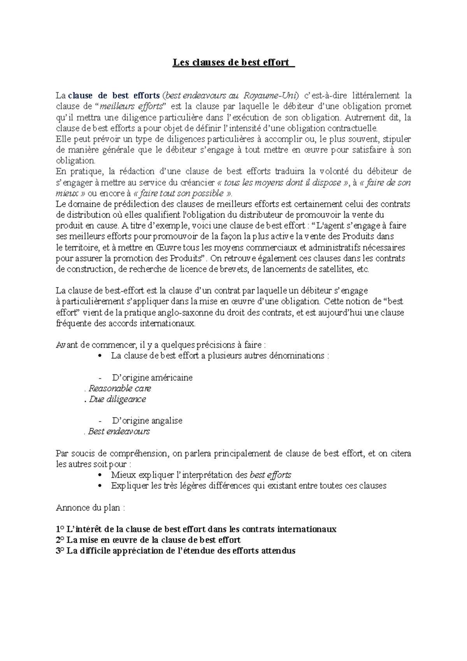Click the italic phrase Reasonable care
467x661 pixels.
click(119, 389)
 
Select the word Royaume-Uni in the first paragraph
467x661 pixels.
click(270, 96)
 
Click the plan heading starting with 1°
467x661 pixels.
click(196, 529)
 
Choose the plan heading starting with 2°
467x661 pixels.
click(148, 540)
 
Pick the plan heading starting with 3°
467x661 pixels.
click(176, 551)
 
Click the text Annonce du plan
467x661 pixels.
click(90, 508)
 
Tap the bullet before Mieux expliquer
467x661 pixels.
click(101, 475)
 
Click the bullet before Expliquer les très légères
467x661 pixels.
click(101, 486)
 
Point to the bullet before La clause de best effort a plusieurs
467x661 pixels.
click(101, 356)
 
